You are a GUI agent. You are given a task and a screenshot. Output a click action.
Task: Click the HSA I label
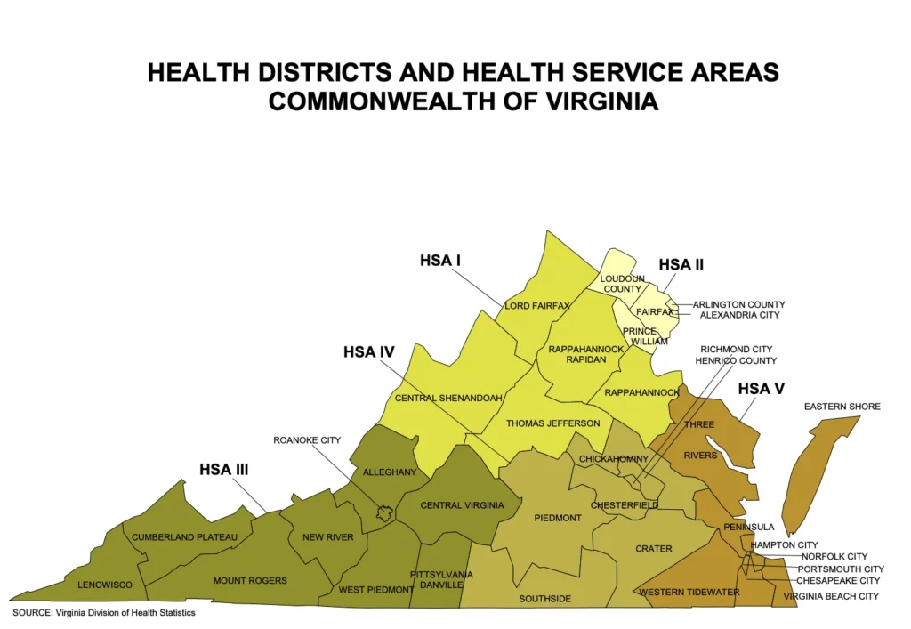[x=439, y=261]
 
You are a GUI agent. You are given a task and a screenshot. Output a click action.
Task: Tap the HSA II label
[x=681, y=264]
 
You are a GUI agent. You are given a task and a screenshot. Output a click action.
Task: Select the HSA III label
[x=223, y=469]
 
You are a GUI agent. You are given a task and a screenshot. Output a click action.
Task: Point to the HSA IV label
[x=368, y=352]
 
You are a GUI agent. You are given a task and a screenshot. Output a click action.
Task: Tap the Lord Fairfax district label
[x=536, y=306]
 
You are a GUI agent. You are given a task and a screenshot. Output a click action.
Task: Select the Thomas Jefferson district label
[x=552, y=423]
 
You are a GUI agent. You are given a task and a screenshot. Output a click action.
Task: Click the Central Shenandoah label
[x=449, y=398]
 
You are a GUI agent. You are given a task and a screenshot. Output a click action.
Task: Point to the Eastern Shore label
[x=842, y=407]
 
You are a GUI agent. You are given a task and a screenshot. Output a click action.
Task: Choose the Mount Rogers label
[x=250, y=581]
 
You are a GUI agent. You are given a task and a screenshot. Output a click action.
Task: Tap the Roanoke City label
[x=307, y=439]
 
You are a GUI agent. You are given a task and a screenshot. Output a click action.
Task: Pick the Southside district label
[x=544, y=599]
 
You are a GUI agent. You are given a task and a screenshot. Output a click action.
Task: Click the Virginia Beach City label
[x=831, y=596]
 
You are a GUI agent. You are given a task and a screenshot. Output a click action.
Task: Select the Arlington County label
[x=738, y=304]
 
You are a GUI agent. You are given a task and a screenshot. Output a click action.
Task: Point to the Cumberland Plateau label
[x=184, y=537]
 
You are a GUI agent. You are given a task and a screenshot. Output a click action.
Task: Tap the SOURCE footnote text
[x=103, y=613]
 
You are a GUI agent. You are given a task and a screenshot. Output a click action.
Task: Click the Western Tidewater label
[x=677, y=592]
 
